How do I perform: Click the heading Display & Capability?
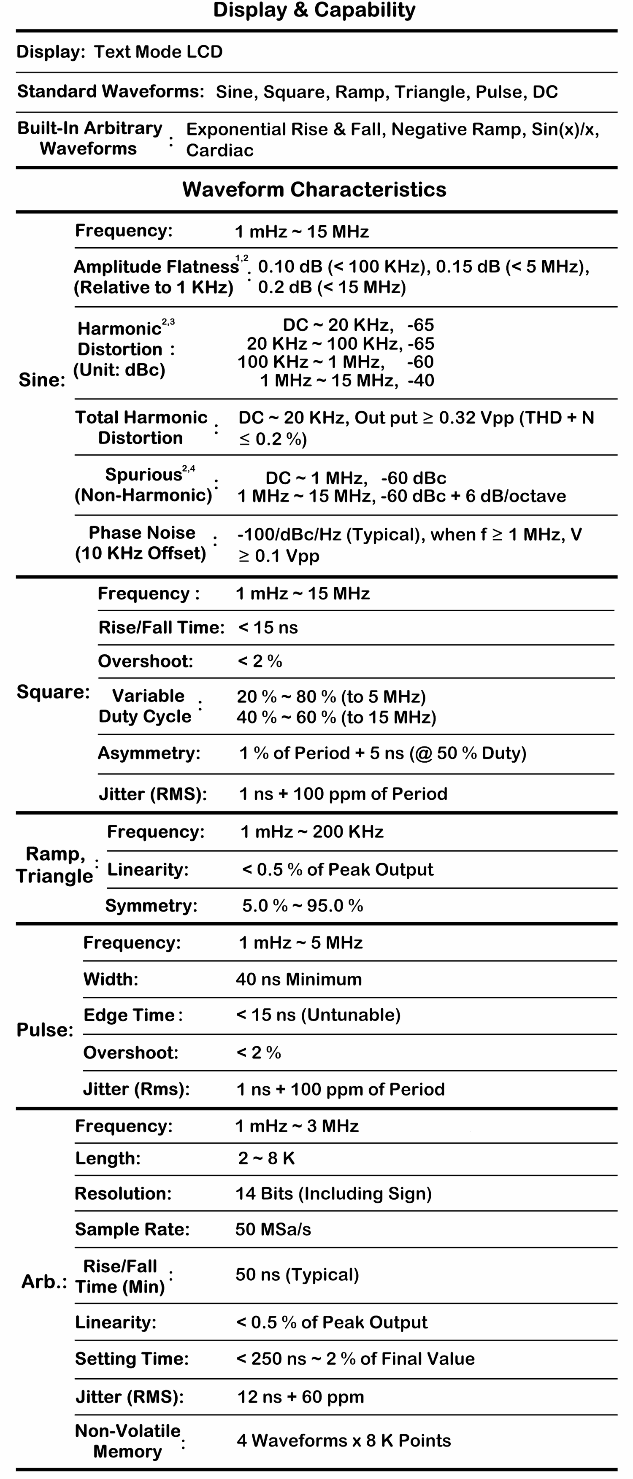[x=314, y=10]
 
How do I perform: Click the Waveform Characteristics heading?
[x=314, y=189]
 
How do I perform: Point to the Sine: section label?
[x=42, y=380]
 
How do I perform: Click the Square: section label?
[x=53, y=692]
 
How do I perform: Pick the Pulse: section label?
[x=45, y=1030]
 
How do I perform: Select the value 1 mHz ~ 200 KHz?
[x=312, y=832]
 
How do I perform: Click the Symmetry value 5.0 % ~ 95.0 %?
[x=303, y=906]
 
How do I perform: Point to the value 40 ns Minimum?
[x=299, y=980]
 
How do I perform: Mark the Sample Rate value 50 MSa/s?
[x=273, y=1229]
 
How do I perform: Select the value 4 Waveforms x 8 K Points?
[x=344, y=1441]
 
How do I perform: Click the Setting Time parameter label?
[x=132, y=1359]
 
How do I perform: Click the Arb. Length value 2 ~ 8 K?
[x=267, y=1159]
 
